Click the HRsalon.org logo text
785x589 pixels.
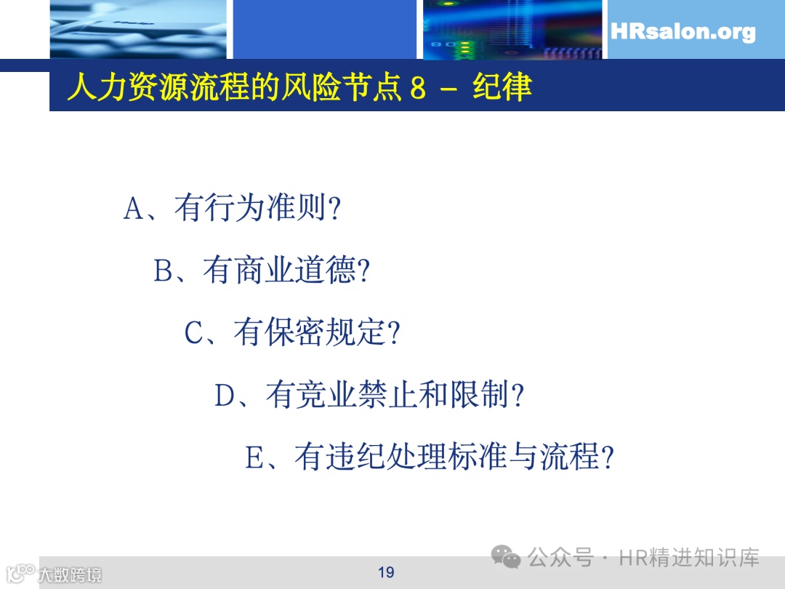coord(683,32)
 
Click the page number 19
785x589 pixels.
coord(386,572)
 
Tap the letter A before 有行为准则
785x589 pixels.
coord(135,209)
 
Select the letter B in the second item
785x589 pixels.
coord(164,271)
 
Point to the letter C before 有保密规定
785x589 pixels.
coord(195,333)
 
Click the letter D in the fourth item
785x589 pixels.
coord(225,396)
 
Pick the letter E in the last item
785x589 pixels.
coord(255,458)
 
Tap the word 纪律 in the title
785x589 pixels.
coord(502,87)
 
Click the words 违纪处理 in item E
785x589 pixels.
coord(370,458)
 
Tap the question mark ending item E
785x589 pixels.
coord(608,458)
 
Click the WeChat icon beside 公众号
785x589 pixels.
coord(505,558)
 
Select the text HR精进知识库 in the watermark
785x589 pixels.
coord(689,558)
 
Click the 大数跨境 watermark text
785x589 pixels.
coord(70,574)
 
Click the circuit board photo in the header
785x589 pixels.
coord(512,29)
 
